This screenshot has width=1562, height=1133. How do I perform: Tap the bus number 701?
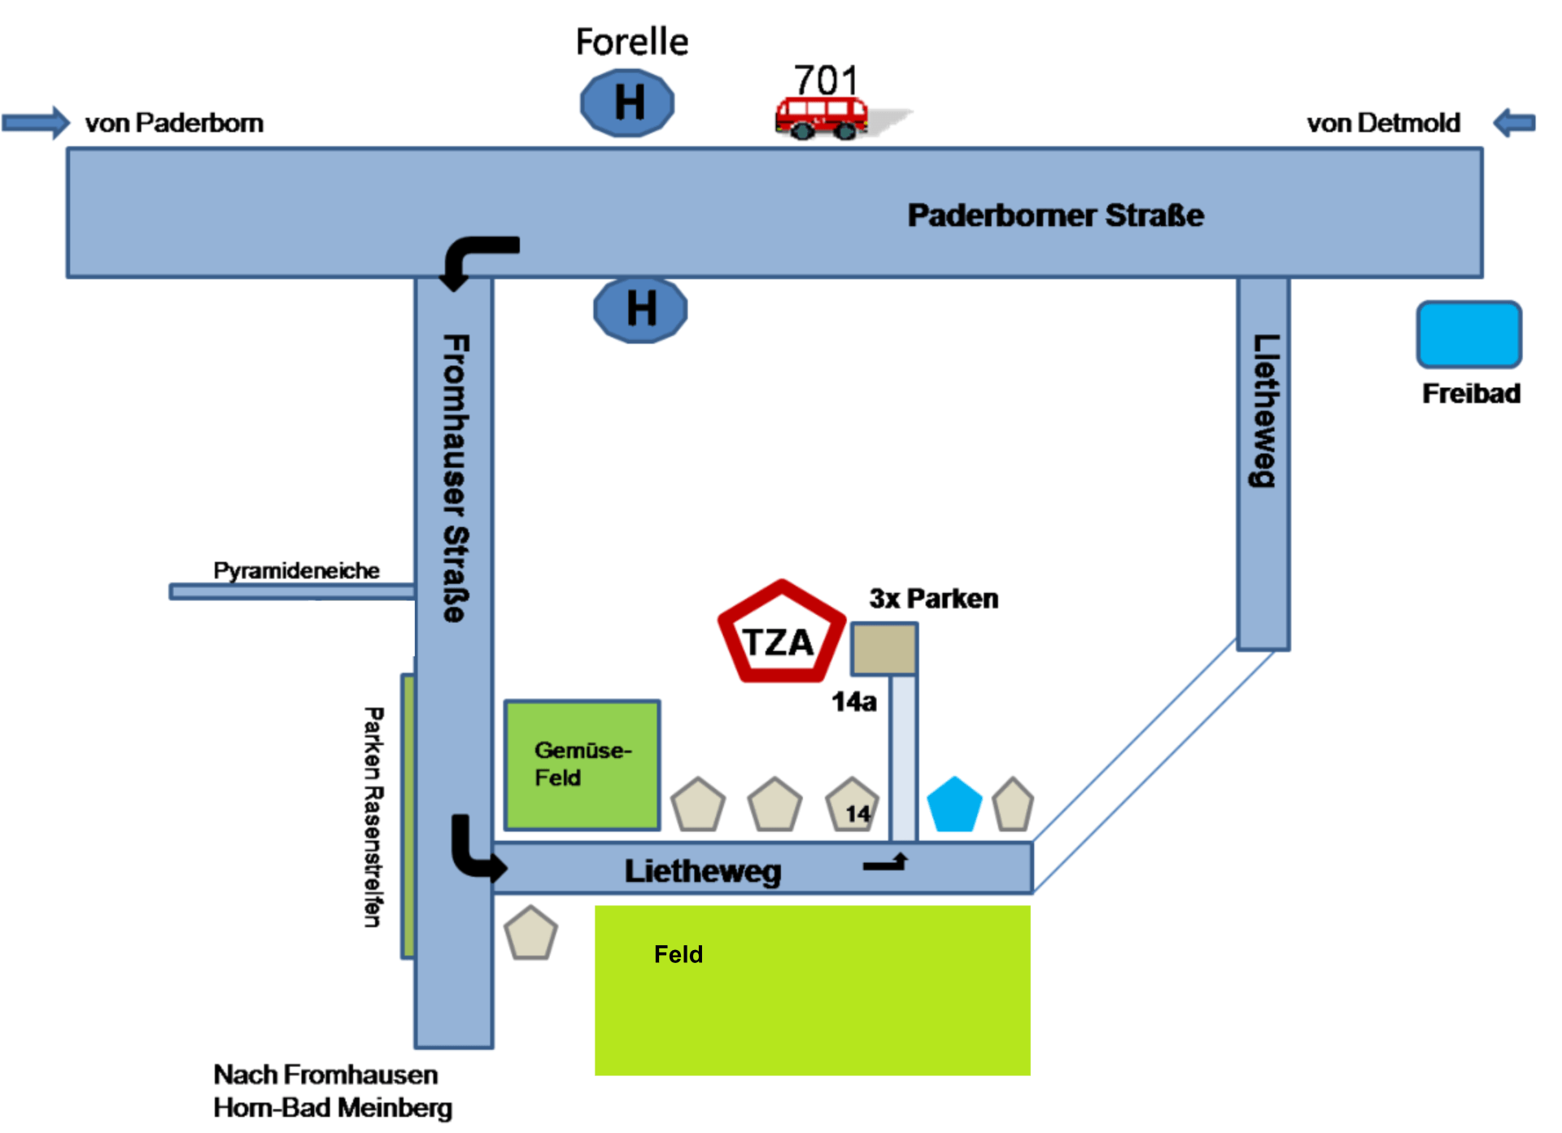point(826,81)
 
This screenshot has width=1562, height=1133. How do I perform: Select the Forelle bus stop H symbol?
point(627,103)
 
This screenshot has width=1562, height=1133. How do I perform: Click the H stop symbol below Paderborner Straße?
point(640,310)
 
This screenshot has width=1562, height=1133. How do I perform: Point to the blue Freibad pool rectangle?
point(1468,334)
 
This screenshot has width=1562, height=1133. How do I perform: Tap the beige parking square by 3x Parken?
point(884,649)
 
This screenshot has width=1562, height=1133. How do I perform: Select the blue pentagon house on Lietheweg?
point(954,804)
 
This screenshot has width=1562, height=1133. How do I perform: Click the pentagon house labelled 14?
point(853,804)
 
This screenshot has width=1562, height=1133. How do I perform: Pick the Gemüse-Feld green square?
point(582,765)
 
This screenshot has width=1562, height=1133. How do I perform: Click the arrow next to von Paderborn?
point(36,123)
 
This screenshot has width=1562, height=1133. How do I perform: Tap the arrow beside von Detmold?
point(1514,123)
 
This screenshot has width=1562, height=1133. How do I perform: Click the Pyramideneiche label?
point(296,571)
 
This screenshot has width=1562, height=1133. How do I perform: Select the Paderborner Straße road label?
point(1055,216)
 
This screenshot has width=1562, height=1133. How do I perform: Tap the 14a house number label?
point(854,702)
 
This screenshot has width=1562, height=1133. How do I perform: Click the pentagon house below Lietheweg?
point(530,933)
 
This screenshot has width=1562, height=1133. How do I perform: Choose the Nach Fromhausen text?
point(325,1074)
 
